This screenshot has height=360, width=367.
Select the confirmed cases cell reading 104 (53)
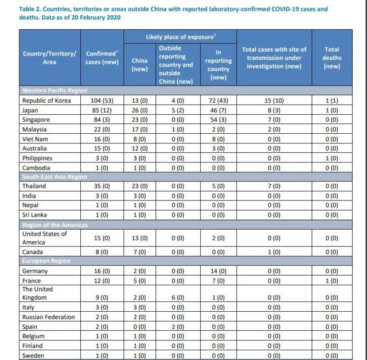coord(102,100)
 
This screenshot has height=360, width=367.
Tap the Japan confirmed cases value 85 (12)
coord(102,110)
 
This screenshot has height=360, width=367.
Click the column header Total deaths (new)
coord(331,58)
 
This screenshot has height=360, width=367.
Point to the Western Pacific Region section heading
coord(54,90)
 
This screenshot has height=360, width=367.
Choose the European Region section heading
coord(46,261)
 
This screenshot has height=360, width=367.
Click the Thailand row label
coord(34,187)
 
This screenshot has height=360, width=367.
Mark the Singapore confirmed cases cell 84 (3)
coord(102,119)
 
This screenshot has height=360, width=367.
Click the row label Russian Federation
coord(48,317)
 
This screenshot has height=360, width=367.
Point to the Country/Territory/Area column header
coord(49,58)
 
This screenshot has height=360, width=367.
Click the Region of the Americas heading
coord(55,225)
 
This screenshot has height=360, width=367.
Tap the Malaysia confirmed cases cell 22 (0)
coord(102,129)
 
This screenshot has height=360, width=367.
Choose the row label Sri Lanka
coord(34,215)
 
